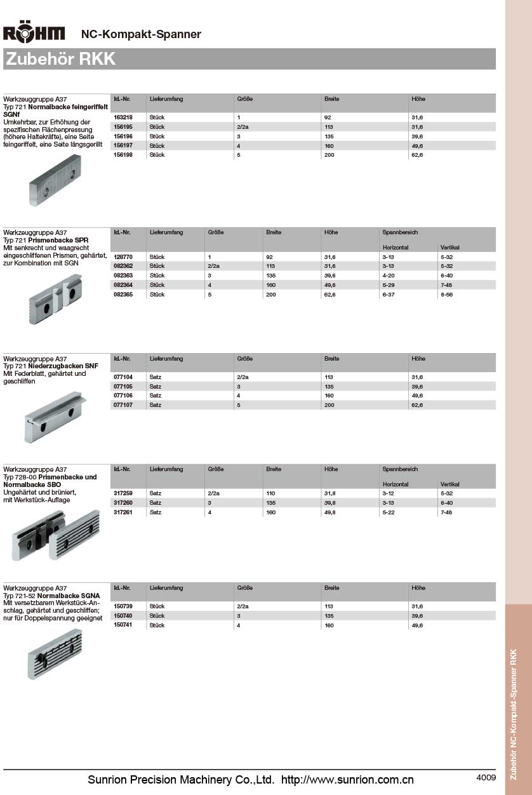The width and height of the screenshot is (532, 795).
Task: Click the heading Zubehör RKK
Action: coord(60,59)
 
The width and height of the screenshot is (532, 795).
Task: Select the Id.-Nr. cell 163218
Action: coord(123,117)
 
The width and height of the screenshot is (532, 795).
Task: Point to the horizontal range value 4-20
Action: coord(389,276)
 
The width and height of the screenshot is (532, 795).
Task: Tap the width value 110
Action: coord(271,493)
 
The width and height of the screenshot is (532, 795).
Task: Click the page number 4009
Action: coord(486,777)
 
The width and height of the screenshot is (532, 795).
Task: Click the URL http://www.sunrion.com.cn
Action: coord(347,780)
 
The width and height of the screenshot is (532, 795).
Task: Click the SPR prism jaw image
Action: coord(55,298)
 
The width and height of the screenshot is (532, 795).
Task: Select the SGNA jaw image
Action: coord(56,653)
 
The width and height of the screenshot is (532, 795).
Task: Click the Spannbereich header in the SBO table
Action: coord(400,469)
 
